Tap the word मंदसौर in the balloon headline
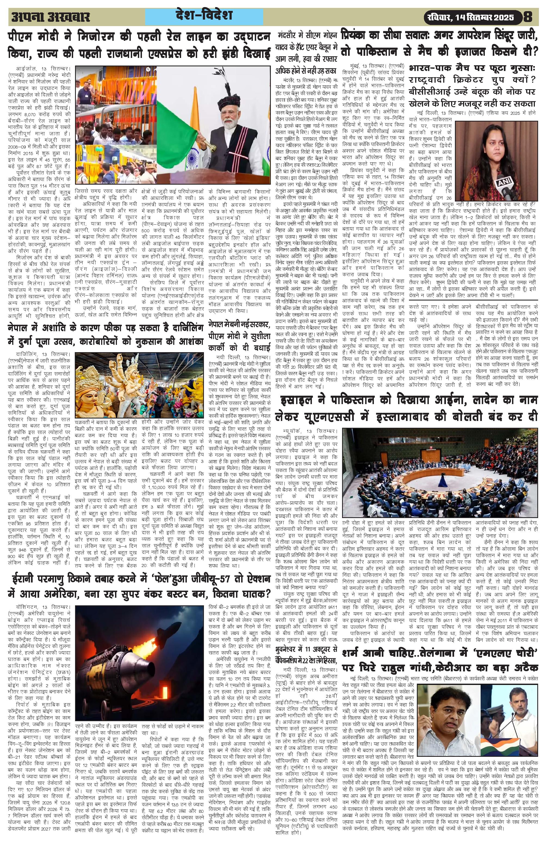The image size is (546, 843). [292, 36]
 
